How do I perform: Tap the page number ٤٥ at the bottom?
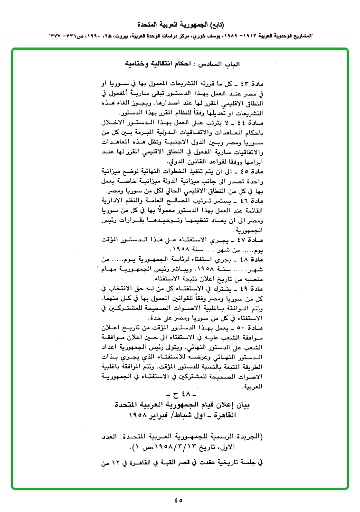(x=179, y=499)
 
